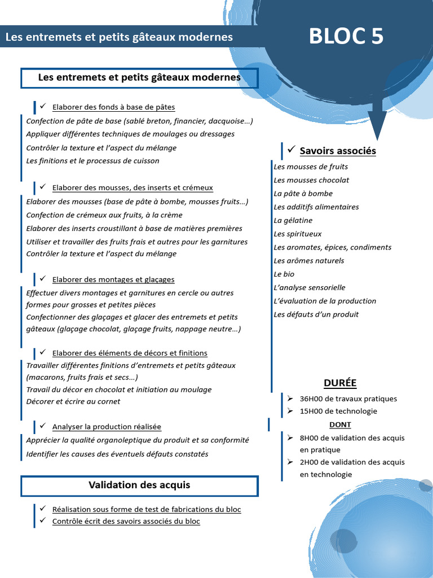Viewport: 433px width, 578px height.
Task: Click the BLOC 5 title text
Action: (x=346, y=36)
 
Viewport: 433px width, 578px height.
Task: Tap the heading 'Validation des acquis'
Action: (x=139, y=485)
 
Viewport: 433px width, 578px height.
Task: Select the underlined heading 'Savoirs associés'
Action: (x=338, y=151)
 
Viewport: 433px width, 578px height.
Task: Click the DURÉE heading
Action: (x=340, y=383)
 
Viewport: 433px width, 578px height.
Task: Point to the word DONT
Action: (x=340, y=424)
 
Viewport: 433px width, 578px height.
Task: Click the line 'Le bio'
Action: (x=284, y=274)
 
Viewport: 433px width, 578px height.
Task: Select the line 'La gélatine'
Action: (x=293, y=220)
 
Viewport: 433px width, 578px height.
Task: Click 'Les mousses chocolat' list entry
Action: (x=311, y=180)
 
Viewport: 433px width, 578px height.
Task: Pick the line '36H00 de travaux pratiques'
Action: (x=348, y=399)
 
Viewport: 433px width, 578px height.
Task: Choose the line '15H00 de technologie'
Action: (x=338, y=411)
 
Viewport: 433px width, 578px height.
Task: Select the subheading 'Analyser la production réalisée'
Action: (x=107, y=427)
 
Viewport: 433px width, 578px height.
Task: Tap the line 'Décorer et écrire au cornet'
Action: (x=73, y=401)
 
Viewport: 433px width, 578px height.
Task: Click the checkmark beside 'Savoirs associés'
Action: (x=291, y=150)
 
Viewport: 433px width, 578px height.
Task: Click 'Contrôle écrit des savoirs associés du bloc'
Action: (x=126, y=521)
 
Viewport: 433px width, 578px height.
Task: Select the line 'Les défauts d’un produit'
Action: (x=316, y=314)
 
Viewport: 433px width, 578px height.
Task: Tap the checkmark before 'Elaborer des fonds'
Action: (x=42, y=106)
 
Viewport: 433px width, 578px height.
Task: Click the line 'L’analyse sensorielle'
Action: (x=309, y=287)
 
